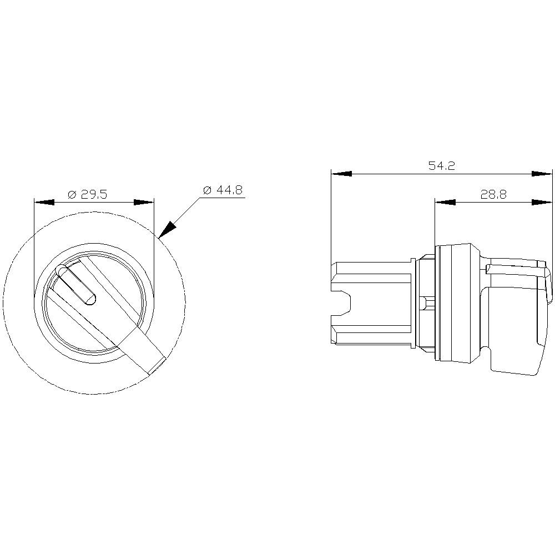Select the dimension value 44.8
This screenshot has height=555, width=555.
click(229, 190)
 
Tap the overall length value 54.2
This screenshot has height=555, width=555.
click(441, 165)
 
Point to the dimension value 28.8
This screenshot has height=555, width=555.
click(493, 194)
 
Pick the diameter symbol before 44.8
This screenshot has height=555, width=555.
click(207, 190)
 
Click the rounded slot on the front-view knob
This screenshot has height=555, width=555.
click(76, 285)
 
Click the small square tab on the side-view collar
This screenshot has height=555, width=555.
click(425, 304)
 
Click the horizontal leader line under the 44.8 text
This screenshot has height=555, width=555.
click(222, 198)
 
